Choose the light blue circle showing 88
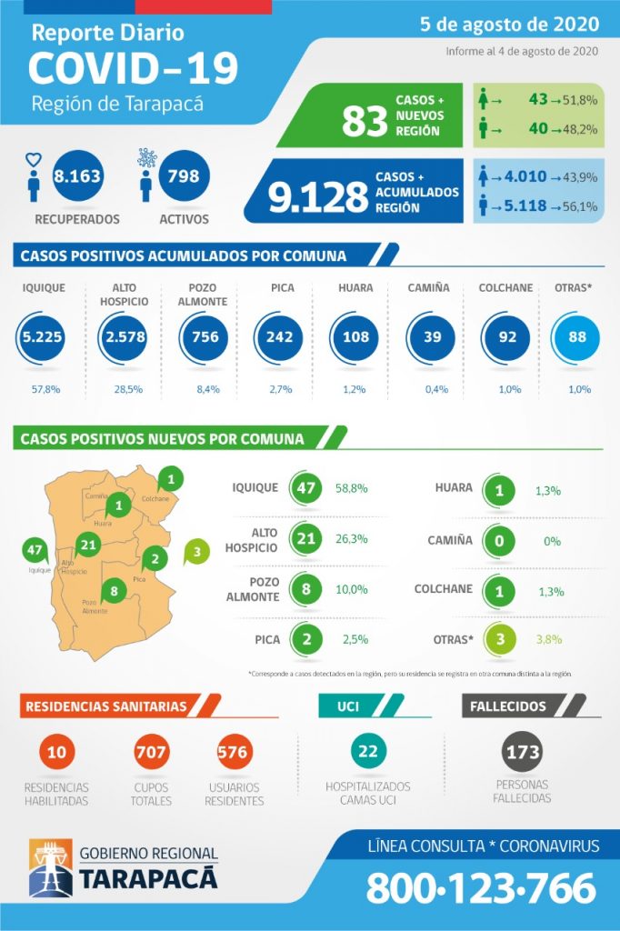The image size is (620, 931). coord(572,337)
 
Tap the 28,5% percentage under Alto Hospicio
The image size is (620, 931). coord(119,389)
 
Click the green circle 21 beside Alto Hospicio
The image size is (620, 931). coord(306,538)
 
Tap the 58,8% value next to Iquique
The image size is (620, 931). coord(351,488)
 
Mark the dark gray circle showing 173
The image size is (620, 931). coord(523,752)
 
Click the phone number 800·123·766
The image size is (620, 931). coord(481,887)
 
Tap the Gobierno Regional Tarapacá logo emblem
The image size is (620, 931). coord(50,866)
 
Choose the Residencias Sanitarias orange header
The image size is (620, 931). coord(108,706)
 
